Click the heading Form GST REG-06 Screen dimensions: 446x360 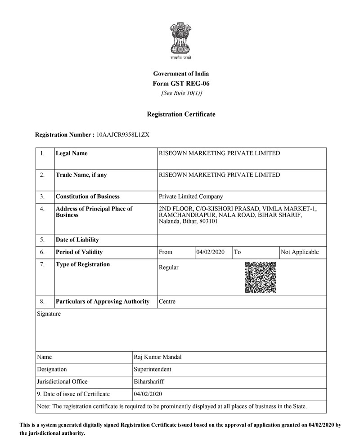[181, 83]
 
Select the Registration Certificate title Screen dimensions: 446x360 [181, 114]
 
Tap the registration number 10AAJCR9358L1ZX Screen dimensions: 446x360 [123, 134]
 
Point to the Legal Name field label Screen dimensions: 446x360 [72, 153]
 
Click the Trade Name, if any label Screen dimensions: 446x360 [81, 175]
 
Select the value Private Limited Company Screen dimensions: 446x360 [191, 196]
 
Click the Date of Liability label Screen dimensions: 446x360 [77, 240]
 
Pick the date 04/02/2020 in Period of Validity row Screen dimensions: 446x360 [211, 252]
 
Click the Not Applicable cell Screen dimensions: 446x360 [299, 252]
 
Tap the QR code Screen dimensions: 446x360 [261, 277]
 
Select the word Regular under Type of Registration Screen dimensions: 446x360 [169, 268]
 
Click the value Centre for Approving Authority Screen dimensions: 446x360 [167, 301]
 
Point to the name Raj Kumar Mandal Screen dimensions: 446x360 [157, 357]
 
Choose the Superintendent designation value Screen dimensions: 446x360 [153, 370]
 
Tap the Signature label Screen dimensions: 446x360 [49, 314]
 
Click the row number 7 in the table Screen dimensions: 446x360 [42, 264]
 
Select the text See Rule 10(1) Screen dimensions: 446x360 [181, 93]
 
